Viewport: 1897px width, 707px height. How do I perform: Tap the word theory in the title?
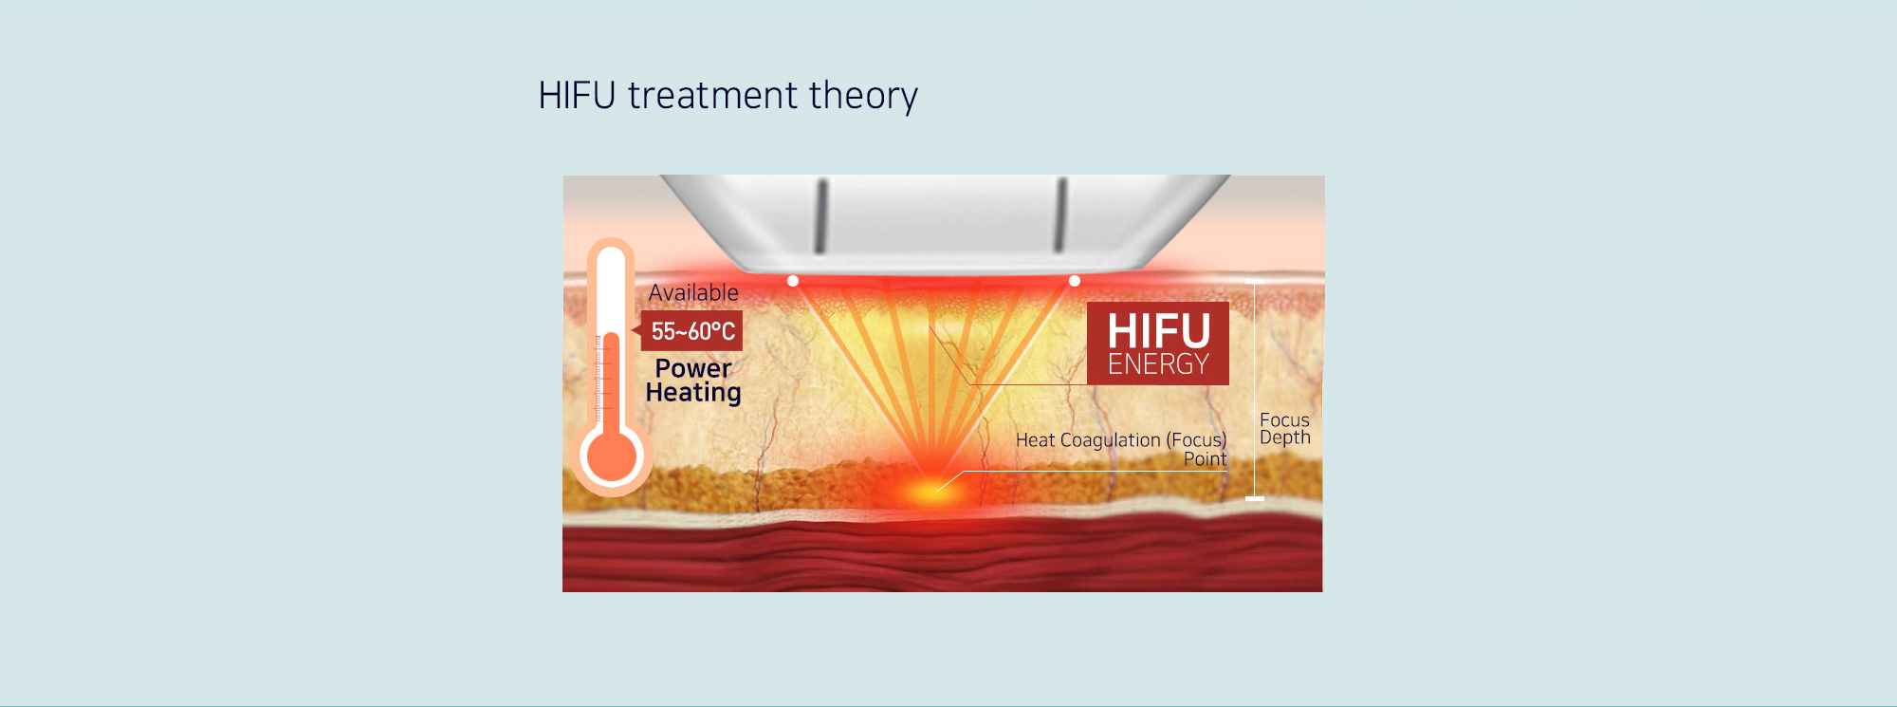tap(864, 97)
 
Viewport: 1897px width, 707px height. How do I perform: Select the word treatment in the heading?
tap(713, 96)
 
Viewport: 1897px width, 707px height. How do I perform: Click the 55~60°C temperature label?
tap(692, 331)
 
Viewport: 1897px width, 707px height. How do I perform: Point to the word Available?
tap(693, 292)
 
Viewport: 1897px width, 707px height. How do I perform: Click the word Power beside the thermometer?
tap(693, 369)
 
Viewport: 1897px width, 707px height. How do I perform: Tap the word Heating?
tap(693, 393)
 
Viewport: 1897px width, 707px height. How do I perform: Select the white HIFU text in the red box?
tap(1158, 331)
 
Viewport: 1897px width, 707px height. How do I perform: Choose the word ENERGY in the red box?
tap(1158, 364)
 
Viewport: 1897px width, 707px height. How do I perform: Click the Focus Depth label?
tap(1284, 428)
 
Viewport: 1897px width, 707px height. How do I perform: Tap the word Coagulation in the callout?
tap(1110, 440)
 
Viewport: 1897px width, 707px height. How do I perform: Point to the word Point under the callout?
tap(1205, 459)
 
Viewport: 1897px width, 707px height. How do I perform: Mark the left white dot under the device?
tap(793, 281)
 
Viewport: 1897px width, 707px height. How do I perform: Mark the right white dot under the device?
tap(1075, 281)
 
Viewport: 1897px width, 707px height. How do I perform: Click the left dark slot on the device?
tap(821, 216)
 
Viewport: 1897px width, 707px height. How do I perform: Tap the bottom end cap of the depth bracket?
tap(1255, 498)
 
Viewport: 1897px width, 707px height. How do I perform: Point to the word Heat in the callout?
tap(1036, 440)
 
